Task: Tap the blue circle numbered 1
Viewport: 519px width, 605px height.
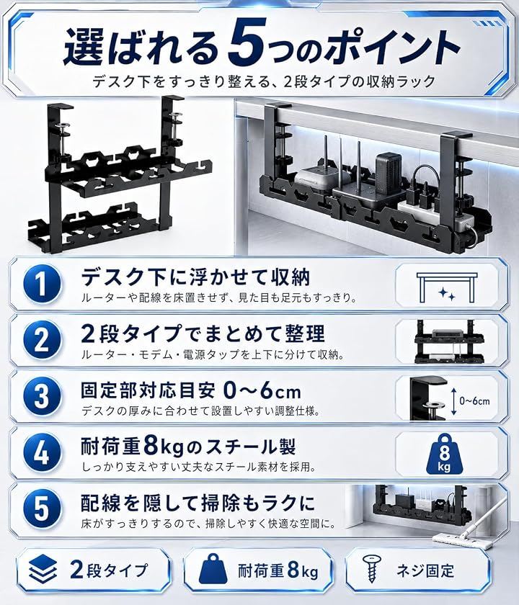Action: click(x=42, y=284)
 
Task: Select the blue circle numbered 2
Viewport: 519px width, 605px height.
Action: click(x=42, y=340)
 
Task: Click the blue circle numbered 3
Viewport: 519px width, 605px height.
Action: click(x=42, y=396)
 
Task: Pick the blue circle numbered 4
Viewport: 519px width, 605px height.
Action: click(x=42, y=452)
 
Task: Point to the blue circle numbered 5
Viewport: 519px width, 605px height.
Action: click(x=42, y=508)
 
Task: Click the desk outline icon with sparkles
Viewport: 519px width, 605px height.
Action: click(x=447, y=287)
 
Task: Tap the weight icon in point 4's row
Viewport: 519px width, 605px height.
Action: click(x=444, y=454)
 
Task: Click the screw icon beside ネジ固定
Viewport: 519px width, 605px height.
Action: click(x=372, y=569)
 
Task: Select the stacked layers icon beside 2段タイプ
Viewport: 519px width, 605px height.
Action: click(x=43, y=569)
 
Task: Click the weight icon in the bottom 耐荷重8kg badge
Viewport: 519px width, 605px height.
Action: click(x=213, y=569)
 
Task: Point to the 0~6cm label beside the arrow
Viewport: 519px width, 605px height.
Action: click(x=474, y=401)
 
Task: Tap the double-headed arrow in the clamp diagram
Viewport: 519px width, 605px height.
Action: click(x=453, y=401)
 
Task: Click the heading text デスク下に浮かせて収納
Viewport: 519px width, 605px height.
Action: click(x=195, y=277)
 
